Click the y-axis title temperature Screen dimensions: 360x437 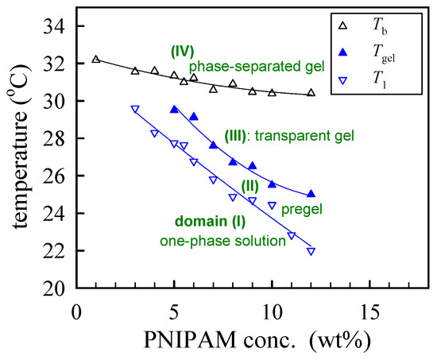[17, 157]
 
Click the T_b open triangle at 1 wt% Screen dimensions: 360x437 [96, 59]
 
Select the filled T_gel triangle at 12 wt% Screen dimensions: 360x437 [311, 193]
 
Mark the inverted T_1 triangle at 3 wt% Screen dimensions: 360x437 [135, 110]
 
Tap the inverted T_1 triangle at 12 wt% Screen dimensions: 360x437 [311, 251]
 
